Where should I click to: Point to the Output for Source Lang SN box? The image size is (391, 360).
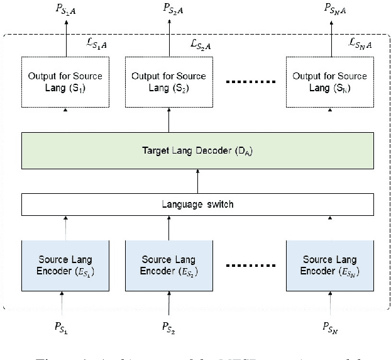[328, 82]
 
